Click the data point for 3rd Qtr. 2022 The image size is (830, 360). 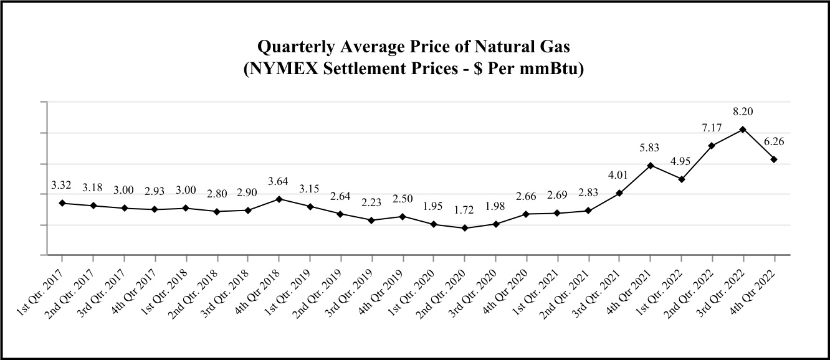743,130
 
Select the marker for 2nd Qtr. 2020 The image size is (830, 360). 464,228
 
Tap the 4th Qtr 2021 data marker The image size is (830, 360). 650,166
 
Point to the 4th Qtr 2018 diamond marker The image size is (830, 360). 279,199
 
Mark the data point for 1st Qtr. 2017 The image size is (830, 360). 62,203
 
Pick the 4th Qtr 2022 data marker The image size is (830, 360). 774,159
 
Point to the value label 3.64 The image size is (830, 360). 279,181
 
